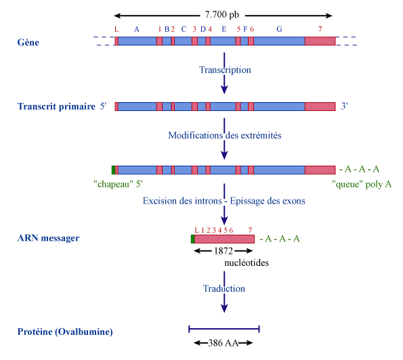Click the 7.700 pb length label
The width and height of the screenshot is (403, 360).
(221, 15)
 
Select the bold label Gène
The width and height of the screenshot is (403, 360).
(28, 43)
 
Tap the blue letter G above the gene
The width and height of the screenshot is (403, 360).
(279, 29)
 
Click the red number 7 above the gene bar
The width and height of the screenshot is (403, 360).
(320, 29)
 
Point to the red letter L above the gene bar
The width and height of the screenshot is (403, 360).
(116, 29)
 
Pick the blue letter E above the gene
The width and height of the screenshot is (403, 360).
(224, 29)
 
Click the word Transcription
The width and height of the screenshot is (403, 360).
(225, 70)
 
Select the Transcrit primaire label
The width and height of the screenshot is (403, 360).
(56, 106)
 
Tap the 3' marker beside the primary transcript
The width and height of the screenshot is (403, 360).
(344, 106)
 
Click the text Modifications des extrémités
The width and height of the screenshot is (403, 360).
(225, 135)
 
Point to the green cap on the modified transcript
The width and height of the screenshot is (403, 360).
(113, 170)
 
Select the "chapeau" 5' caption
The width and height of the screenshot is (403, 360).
(118, 184)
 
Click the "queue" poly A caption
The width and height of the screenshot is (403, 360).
(362, 184)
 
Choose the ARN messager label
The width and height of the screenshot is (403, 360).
(48, 238)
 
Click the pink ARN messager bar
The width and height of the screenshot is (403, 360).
(224, 239)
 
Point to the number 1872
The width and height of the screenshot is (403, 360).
(224, 251)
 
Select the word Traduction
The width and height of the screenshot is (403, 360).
(224, 289)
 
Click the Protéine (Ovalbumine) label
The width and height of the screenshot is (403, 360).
(65, 332)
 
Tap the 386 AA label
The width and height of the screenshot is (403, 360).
(224, 343)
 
